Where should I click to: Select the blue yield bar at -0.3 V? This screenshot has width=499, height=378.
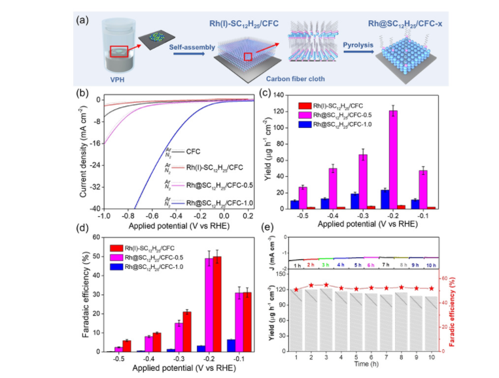[355, 201]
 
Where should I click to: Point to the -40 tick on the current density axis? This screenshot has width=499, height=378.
[95, 208]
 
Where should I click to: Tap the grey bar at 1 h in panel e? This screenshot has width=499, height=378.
[296, 321]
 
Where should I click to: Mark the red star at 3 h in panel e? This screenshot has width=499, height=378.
[326, 285]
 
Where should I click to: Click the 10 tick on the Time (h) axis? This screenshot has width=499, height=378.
[431, 358]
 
